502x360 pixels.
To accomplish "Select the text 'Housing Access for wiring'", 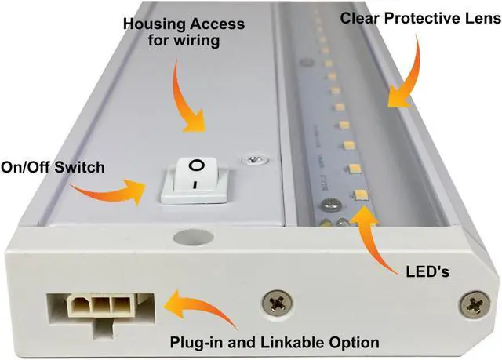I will click(x=184, y=31).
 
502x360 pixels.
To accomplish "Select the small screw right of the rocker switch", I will click(x=253, y=161).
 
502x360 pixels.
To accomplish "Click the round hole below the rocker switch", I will click(x=185, y=234).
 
